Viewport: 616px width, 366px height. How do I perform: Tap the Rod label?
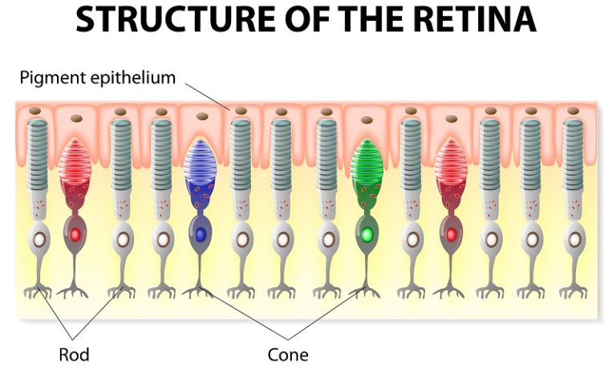73,353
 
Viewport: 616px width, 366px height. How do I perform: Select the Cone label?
288,353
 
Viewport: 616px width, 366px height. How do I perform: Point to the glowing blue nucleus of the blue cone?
201,235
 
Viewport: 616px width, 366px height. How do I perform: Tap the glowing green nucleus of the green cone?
367,235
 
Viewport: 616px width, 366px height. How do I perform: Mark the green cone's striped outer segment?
367,165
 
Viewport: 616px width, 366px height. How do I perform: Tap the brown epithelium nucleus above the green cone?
366,120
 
